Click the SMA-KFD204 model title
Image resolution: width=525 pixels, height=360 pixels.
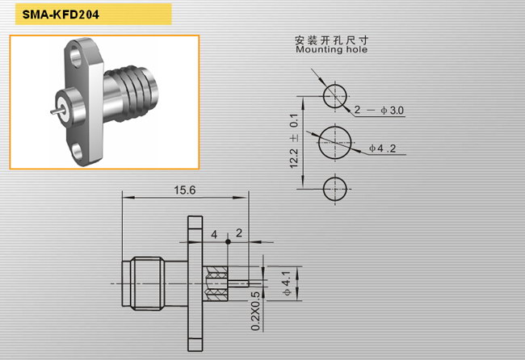[x=61, y=15]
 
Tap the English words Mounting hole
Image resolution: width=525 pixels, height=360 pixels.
[x=331, y=49]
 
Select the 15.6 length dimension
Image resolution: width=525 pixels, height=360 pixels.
[x=184, y=190]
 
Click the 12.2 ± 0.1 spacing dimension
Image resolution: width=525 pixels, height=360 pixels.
[x=294, y=140]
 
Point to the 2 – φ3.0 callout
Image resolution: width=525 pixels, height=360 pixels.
[x=379, y=110]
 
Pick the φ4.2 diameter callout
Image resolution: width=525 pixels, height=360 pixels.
[x=382, y=148]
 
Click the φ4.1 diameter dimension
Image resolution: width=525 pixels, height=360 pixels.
[x=287, y=283]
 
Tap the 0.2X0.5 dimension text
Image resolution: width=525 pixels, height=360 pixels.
[x=255, y=311]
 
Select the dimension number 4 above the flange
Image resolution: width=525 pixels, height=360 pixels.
[x=214, y=235]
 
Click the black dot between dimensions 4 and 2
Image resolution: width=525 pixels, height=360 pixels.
[x=228, y=241]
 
